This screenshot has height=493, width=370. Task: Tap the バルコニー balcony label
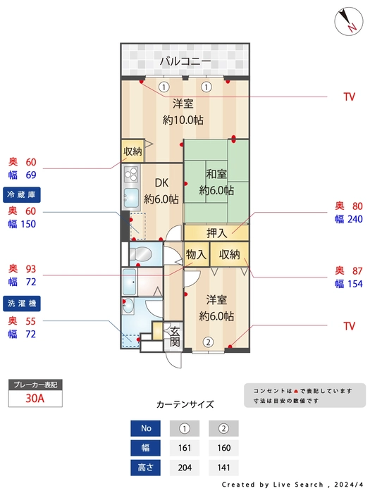click(185, 61)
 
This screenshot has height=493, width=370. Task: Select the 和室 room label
click(216, 173)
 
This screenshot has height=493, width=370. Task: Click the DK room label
click(161, 182)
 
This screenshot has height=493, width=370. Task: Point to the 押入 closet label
click(217, 233)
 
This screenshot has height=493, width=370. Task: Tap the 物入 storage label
click(196, 254)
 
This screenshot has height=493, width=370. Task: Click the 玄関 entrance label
click(175, 337)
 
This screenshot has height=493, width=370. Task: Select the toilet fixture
click(141, 253)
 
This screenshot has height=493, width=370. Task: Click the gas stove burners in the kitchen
click(131, 175)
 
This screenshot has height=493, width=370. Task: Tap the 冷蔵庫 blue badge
click(22, 195)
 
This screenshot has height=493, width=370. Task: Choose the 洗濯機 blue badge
click(22, 304)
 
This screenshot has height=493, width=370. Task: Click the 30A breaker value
click(35, 399)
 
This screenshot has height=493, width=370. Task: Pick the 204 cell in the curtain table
click(185, 468)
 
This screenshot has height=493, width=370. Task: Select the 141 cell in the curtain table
click(223, 468)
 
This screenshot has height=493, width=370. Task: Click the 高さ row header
click(145, 468)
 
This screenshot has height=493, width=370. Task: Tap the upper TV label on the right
click(350, 97)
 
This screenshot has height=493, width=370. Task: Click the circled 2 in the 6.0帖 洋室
click(208, 342)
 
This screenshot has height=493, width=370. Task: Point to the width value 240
click(355, 219)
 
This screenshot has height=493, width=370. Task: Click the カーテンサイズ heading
click(185, 404)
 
